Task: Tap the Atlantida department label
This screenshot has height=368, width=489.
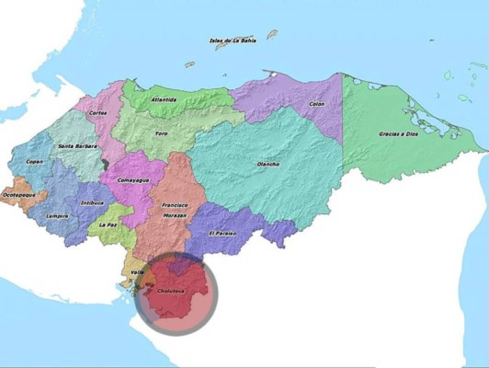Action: [164, 99]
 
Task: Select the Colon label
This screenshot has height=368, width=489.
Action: [317, 104]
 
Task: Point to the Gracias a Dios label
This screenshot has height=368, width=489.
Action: [393, 134]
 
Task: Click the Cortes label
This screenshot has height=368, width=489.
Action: [99, 113]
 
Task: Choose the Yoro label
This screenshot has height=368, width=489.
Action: [161, 134]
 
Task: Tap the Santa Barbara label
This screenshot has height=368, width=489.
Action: [77, 146]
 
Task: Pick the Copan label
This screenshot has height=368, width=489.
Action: [34, 162]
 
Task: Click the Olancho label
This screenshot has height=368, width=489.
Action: [268, 164]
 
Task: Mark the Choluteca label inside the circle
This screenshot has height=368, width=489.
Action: [171, 291]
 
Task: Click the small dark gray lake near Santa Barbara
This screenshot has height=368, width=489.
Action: [106, 165]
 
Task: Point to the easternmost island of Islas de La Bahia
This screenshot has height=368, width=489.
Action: [272, 34]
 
